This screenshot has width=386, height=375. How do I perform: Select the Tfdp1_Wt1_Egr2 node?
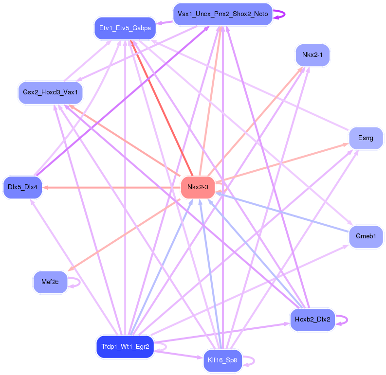[x=125, y=347]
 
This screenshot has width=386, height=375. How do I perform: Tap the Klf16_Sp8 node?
[x=222, y=361]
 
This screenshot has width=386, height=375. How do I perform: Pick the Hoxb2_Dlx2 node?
[x=312, y=320]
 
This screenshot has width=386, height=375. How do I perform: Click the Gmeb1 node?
[x=366, y=236]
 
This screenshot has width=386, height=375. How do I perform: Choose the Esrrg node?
[x=366, y=138]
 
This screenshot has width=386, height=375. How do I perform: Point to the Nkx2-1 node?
[x=312, y=54]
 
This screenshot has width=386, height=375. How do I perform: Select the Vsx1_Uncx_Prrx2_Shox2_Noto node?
[x=222, y=14]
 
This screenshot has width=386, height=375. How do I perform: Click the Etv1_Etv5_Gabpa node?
[x=125, y=28]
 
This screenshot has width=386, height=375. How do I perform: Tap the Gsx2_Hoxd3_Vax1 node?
[x=50, y=92]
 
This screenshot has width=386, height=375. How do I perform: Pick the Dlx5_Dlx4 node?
[x=22, y=187]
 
